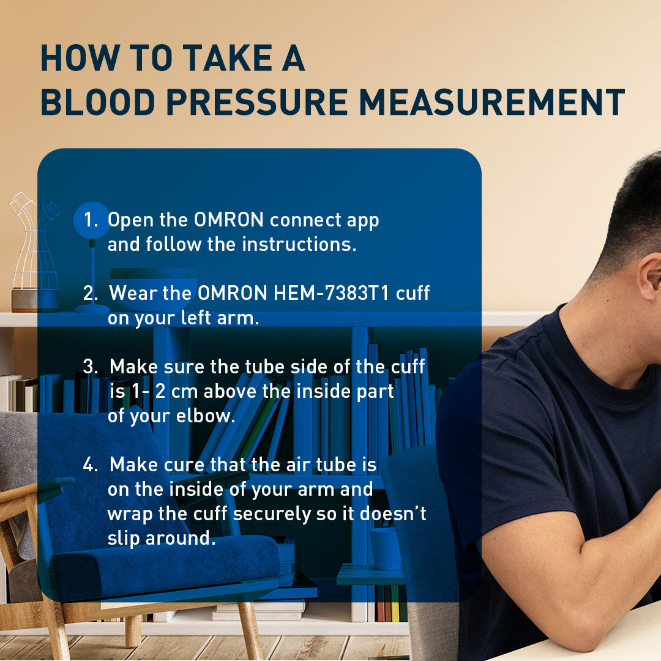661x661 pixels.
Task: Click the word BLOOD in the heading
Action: pos(98,102)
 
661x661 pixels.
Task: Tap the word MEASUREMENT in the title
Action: pos(492,102)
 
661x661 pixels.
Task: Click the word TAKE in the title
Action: pos(228,58)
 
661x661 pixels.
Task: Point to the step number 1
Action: pos(91,220)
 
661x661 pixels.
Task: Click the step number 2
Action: pos(91,293)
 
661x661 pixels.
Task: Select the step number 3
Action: pos(91,367)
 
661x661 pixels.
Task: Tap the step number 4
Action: pos(91,465)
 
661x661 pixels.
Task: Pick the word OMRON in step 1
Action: pos(228,220)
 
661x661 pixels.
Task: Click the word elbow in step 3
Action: pos(205,416)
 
